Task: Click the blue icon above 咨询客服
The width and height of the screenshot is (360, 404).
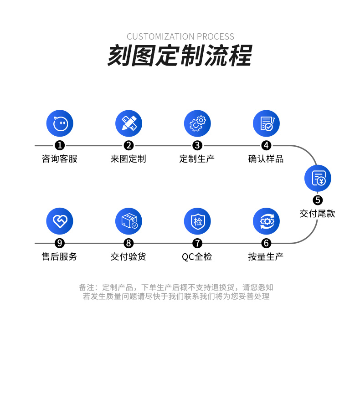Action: click(60, 123)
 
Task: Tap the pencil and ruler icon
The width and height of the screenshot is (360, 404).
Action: click(129, 123)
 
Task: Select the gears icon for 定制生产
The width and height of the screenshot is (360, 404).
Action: click(197, 123)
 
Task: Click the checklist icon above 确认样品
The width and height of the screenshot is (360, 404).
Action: click(266, 123)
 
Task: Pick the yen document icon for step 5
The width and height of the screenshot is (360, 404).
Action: click(318, 178)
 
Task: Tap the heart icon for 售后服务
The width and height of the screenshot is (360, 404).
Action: click(60, 221)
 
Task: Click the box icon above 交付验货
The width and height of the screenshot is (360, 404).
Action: click(129, 221)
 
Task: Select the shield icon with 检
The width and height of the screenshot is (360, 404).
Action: click(197, 221)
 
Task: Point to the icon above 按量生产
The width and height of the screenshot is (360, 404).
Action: click(266, 221)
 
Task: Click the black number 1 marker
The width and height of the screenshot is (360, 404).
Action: click(60, 146)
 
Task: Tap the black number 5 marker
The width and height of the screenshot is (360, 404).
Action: click(318, 200)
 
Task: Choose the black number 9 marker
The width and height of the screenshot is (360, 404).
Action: click(60, 243)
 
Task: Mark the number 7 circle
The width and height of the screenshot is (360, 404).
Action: click(197, 243)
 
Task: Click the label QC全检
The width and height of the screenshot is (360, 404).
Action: click(197, 256)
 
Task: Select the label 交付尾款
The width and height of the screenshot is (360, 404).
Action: click(318, 214)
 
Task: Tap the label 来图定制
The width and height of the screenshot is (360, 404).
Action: click(129, 159)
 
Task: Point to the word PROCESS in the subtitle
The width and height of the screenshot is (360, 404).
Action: click(216, 36)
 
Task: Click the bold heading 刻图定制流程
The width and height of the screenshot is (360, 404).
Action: click(180, 56)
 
